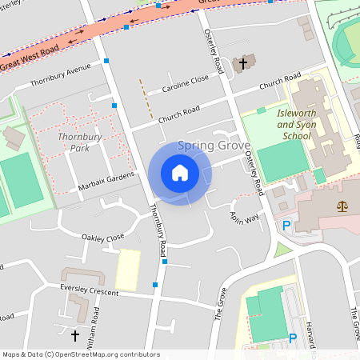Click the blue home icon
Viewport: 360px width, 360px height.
[179, 173]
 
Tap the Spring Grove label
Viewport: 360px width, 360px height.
[214, 146]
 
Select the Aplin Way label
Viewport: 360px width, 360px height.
[246, 214]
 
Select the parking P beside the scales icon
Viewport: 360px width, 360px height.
[286, 226]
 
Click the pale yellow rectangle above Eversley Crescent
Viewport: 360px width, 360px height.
[128, 270]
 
